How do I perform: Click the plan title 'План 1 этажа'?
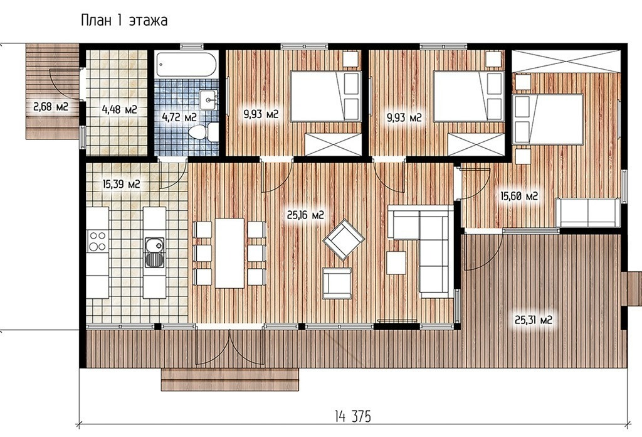click(124, 21)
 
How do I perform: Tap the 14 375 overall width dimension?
click(352, 416)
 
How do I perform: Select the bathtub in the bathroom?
click(187, 65)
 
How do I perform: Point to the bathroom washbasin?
click(209, 100)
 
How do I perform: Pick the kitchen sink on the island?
click(154, 252)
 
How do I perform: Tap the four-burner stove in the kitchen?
click(98, 241)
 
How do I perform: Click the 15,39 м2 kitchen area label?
click(121, 184)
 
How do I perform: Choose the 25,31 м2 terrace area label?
click(534, 320)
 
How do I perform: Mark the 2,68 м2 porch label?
click(50, 107)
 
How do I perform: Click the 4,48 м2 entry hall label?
click(119, 109)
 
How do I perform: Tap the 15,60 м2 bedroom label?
click(519, 196)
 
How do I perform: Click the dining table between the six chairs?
click(229, 253)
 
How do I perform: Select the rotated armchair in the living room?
click(344, 240)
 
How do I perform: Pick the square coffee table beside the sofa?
click(396, 263)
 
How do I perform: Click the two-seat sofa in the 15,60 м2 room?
click(588, 212)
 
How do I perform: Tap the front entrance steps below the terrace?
click(229, 380)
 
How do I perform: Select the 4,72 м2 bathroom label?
click(179, 117)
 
